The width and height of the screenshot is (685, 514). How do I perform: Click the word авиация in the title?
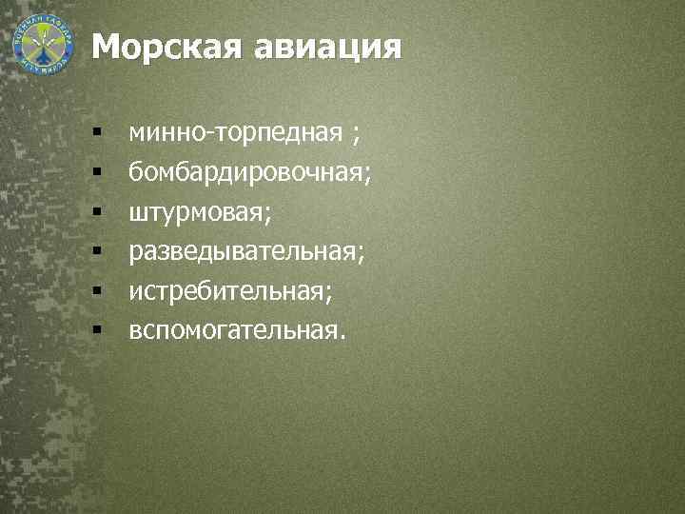(327, 47)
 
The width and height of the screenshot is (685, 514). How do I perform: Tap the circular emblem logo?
(43, 43)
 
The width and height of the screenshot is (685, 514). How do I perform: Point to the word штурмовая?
(197, 211)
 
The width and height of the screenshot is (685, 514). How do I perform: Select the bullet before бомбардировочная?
(97, 172)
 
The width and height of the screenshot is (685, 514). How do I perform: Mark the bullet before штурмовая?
(97, 212)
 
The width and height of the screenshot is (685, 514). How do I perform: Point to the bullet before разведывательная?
(97, 252)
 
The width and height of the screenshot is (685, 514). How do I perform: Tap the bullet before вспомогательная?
(97, 331)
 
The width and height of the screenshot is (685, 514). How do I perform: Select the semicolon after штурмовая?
(268, 214)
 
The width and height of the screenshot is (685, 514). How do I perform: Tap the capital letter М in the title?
(107, 47)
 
